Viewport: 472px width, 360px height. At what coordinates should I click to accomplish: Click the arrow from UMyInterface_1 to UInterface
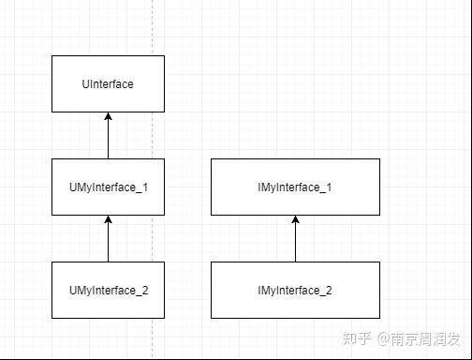[108, 137]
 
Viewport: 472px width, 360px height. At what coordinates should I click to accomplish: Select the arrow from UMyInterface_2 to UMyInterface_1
[108, 240]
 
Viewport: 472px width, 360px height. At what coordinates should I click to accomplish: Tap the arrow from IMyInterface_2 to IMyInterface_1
[295, 240]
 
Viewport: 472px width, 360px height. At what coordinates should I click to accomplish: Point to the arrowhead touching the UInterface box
[108, 117]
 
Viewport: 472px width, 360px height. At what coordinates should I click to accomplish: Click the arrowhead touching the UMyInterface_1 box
[108, 220]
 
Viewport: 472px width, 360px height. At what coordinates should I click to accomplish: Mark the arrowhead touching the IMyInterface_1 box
[295, 220]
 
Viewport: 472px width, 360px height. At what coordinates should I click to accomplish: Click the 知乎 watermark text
[359, 337]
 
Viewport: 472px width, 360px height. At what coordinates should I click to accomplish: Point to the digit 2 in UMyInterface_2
[145, 291]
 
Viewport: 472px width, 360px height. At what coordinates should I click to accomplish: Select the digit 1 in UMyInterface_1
[145, 187]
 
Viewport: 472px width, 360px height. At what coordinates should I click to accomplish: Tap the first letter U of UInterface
[85, 84]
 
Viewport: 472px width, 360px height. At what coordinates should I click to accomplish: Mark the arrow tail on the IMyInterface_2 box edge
[295, 261]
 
